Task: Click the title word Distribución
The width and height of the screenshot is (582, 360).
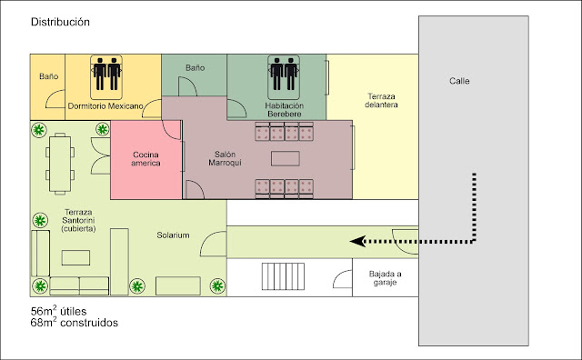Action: [60, 22]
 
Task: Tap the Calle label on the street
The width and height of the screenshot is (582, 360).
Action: [459, 81]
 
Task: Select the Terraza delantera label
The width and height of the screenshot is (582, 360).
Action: [381, 101]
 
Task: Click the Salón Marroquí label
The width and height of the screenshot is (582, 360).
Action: [225, 158]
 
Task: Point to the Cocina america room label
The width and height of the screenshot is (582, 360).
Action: [145, 159]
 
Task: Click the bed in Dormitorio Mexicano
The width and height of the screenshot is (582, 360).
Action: [106, 77]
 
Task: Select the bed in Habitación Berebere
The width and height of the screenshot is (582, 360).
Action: [284, 77]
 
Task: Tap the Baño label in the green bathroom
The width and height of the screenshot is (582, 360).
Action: [196, 68]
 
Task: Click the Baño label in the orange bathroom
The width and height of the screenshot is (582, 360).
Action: [48, 76]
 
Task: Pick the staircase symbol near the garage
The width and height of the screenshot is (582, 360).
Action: [283, 276]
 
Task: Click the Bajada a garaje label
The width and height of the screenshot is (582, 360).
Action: [385, 278]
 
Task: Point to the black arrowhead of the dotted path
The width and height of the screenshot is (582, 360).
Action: [357, 242]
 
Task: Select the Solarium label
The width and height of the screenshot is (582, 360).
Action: [173, 235]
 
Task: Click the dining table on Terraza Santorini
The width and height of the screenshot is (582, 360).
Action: [60, 164]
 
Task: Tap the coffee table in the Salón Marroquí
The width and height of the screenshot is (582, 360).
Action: [285, 158]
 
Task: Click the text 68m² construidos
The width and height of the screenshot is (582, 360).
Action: [75, 322]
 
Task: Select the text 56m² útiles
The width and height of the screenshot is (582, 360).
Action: [58, 311]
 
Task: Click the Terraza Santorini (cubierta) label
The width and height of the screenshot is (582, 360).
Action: [78, 220]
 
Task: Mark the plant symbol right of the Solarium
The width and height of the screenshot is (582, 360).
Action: [217, 285]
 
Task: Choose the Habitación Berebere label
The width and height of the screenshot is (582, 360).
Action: [285, 110]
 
